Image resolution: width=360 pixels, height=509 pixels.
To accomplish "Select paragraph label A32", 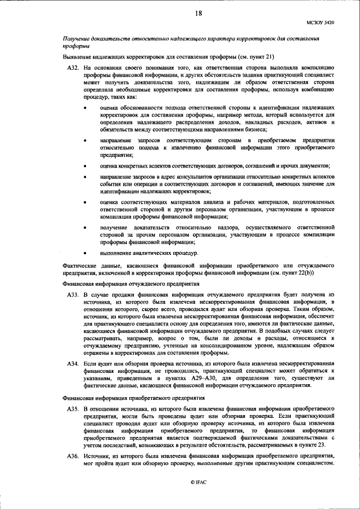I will pyautogui.click(x=73, y=67).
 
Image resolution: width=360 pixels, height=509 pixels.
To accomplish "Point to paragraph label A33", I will pyautogui.click(x=73, y=294).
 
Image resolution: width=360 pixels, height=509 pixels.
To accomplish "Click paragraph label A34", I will pyautogui.click(x=73, y=365).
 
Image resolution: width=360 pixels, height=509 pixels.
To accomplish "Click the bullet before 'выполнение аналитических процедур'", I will pyautogui.click(x=85, y=254).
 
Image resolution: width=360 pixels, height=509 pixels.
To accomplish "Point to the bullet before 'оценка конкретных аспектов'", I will pyautogui.click(x=85, y=166).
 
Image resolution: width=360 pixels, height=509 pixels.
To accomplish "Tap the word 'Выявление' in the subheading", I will pyautogui.click(x=78, y=56).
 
